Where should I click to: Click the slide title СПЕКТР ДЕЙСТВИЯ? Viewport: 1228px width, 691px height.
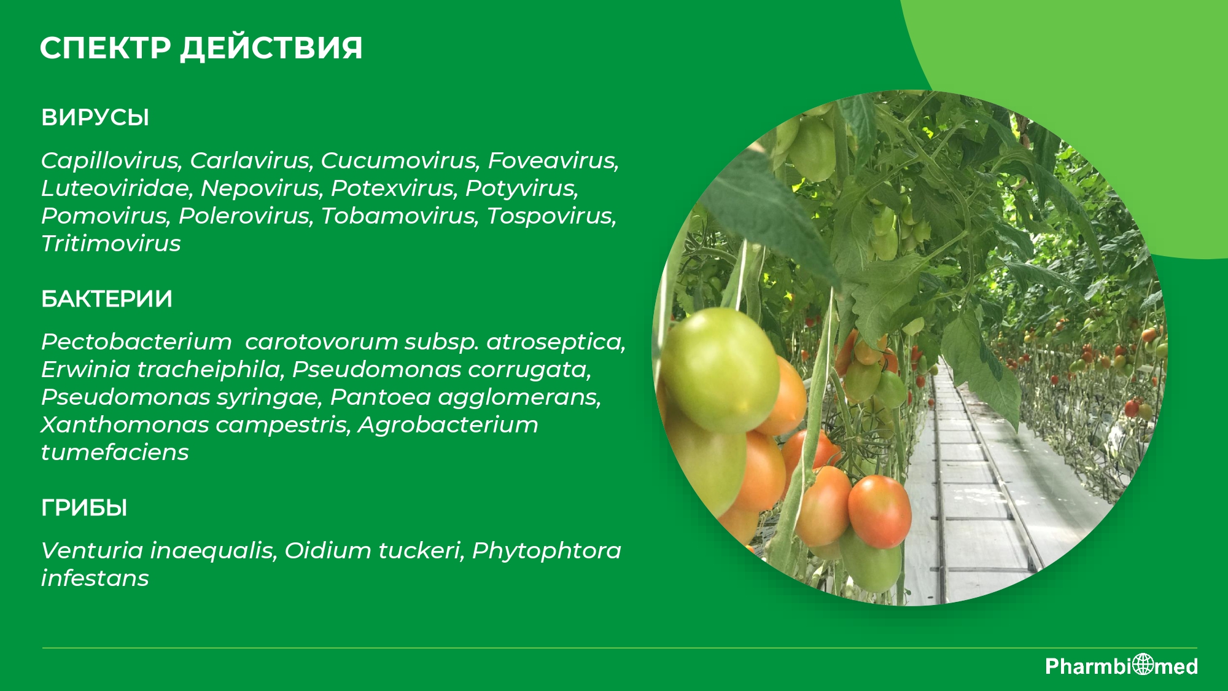[x=201, y=48]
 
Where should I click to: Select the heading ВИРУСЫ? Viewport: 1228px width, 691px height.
[x=95, y=117]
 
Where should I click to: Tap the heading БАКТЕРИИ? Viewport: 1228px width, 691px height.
[x=107, y=299]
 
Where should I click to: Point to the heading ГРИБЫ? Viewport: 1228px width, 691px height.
[x=84, y=508]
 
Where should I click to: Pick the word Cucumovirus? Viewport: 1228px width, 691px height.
[x=399, y=161]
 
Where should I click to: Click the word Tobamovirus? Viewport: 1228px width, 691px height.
[x=399, y=216]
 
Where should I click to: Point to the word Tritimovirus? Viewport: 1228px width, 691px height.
[x=111, y=244]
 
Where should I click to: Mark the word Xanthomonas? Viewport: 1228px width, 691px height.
[x=125, y=425]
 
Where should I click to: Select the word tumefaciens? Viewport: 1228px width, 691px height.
[x=115, y=453]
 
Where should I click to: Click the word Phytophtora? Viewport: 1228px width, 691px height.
[x=546, y=551]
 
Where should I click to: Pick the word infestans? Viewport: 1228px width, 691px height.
[x=95, y=579]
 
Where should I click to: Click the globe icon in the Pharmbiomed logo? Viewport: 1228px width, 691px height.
[x=1143, y=665]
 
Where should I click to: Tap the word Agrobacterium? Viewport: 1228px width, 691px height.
[x=448, y=425]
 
